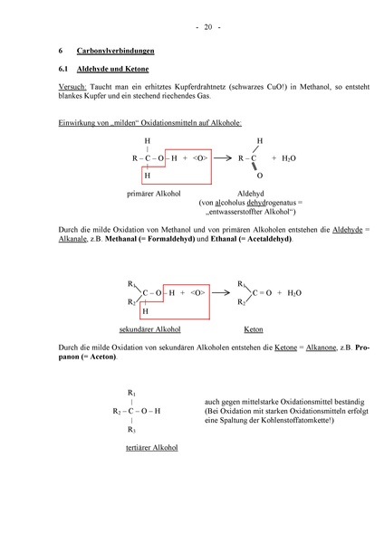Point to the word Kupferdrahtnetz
coord(204,87)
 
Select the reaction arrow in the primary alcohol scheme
coord(222,158)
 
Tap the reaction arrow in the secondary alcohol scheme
coord(222,294)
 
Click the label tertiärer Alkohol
coord(150,447)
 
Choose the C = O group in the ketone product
coord(262,294)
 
